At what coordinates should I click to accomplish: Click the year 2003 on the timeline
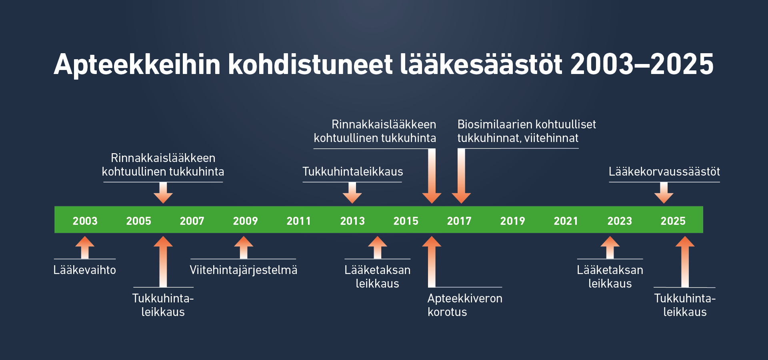85,221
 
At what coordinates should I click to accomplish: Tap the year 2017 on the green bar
459,221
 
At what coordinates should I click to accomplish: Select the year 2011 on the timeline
299,221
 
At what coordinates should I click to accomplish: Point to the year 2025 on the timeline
673,221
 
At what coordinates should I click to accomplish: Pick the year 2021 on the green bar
566,221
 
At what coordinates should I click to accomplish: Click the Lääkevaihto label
85,270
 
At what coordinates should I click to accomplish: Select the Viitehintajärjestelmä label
244,270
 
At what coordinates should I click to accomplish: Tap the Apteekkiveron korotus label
465,305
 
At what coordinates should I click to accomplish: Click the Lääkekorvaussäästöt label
664,172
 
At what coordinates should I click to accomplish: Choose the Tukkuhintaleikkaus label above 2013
353,172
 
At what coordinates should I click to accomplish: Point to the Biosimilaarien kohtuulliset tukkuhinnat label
526,131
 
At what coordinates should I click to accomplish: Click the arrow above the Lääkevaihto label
85,247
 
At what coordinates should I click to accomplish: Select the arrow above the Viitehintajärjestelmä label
244,247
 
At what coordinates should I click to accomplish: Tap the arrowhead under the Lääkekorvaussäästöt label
664,198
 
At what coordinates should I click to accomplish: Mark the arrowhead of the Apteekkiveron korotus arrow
432,241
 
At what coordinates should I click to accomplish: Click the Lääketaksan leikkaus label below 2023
610,277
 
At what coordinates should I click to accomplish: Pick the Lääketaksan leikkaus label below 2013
378,277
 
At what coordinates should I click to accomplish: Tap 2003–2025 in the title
642,64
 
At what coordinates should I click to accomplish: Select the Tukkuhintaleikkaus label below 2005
163,305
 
